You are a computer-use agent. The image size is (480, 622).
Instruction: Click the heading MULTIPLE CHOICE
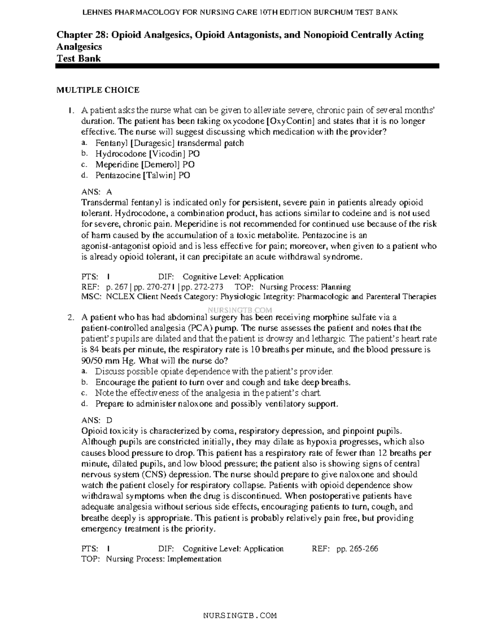tap(98, 90)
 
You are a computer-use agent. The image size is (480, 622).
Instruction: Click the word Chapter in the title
tap(73, 35)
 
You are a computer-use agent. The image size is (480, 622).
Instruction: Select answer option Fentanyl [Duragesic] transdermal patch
tap(169, 143)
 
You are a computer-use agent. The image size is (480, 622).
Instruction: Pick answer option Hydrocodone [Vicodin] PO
tap(148, 154)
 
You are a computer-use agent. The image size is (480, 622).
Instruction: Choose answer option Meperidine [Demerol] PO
tap(145, 165)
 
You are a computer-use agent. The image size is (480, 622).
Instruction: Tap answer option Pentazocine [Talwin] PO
tap(142, 175)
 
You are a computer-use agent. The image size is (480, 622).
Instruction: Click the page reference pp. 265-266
tap(357, 549)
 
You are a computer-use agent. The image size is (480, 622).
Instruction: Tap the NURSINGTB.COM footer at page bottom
tap(240, 615)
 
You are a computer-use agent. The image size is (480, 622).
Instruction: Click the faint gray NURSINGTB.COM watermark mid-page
tap(240, 310)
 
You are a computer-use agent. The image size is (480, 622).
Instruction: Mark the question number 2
tap(70, 318)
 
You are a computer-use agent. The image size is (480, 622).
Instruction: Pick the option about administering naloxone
tap(216, 404)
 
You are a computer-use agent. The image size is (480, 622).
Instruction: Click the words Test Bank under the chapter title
tap(78, 58)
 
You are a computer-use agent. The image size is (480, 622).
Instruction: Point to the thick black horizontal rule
tap(247, 66)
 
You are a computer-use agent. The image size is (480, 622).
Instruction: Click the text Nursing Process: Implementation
tap(164, 559)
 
